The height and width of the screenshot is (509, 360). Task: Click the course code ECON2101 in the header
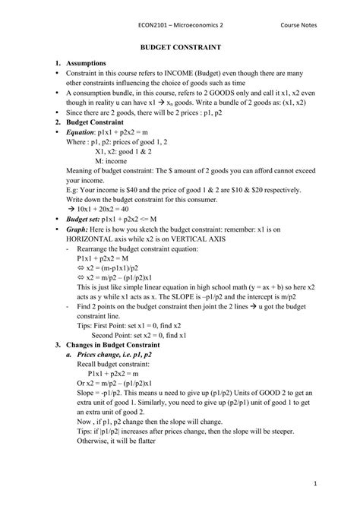point(153,24)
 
